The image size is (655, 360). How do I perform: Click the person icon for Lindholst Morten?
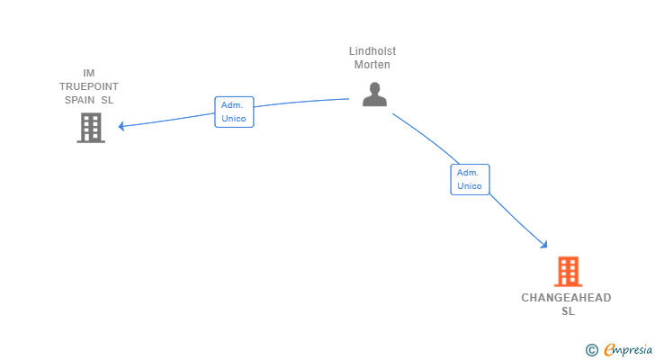[374, 94]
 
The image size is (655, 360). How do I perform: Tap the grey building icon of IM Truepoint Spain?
[91, 128]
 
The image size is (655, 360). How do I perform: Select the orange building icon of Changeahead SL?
[568, 272]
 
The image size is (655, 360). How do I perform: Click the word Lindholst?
[372, 51]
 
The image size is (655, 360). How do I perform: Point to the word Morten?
[372, 65]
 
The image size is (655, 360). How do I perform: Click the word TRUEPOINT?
[89, 86]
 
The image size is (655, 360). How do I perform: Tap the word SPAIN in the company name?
[79, 100]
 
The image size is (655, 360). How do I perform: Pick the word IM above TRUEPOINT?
[89, 73]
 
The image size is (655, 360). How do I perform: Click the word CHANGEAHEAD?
[566, 298]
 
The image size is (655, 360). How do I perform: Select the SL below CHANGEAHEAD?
[568, 311]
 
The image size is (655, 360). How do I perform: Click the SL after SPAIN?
[107, 100]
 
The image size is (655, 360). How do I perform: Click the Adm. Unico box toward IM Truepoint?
[234, 112]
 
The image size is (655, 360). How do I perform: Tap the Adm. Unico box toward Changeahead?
[470, 179]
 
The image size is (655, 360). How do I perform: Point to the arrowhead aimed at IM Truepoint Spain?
[121, 126]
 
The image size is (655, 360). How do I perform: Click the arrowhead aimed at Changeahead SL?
[543, 245]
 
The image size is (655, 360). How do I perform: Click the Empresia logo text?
[628, 350]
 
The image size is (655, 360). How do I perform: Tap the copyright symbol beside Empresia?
[591, 350]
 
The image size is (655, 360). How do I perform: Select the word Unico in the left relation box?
[234, 119]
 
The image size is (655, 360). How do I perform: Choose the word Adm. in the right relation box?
[468, 173]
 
